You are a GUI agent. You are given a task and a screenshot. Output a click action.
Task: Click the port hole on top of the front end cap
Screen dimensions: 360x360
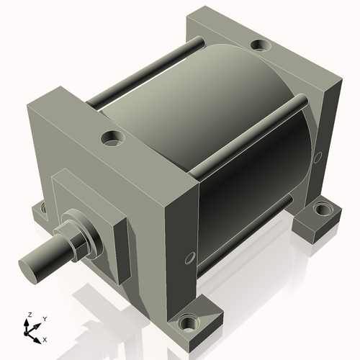[112, 136]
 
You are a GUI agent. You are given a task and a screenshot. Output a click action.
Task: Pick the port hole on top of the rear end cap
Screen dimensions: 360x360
[258, 47]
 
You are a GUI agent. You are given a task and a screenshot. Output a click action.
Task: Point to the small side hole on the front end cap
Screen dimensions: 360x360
[190, 257]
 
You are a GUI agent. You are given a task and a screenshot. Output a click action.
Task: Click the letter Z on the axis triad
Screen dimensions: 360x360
[30, 315]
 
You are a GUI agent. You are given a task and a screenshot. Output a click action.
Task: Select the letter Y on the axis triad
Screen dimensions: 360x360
[44, 318]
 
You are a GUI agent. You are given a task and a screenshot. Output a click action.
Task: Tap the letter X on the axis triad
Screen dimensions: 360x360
[45, 338]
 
